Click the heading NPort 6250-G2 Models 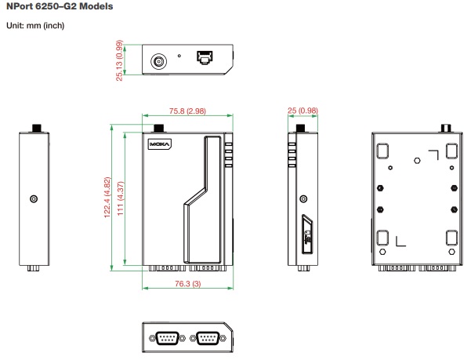pos(60,6)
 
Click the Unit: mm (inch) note pos(34,26)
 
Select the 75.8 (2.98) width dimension pos(187,111)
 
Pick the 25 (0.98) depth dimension pos(302,111)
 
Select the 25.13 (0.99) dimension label pos(119,59)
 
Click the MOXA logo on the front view pos(160,144)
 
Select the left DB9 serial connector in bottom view pos(165,337)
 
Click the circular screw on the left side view pos(33,199)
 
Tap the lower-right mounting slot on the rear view pos(451,239)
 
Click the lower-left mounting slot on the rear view pos(383,239)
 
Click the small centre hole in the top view pos(179,56)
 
